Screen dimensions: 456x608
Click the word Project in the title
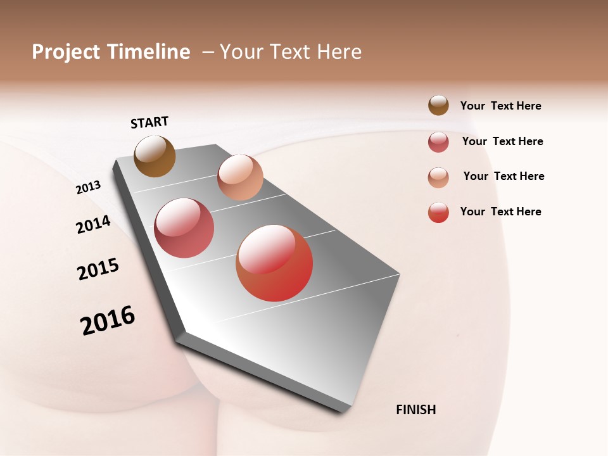(65, 52)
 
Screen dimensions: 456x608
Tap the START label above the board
(149, 122)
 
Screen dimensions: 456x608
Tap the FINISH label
(415, 410)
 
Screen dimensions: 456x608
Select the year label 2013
(88, 187)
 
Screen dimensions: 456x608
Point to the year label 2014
(93, 224)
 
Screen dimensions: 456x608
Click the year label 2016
(108, 320)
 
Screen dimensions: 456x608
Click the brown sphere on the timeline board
(155, 156)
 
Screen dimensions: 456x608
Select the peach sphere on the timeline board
(240, 177)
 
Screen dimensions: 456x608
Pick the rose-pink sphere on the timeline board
(184, 228)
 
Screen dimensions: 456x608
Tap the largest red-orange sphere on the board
(274, 263)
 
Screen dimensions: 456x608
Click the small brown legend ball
(438, 105)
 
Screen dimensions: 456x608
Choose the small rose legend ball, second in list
(438, 142)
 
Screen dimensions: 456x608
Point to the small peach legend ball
(438, 177)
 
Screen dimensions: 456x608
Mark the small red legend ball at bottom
(438, 212)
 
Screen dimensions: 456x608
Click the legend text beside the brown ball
(500, 106)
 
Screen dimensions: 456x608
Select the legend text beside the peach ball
(503, 176)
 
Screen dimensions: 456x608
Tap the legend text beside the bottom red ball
(500, 212)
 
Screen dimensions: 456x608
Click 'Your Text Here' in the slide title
(291, 52)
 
